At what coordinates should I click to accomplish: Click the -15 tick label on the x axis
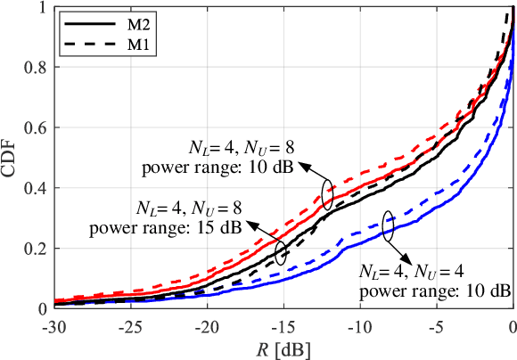tap(283, 324)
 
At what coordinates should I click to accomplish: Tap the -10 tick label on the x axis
tap(358, 324)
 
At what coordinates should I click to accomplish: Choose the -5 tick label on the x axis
tap(437, 324)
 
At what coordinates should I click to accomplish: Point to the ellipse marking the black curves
tap(282, 252)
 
